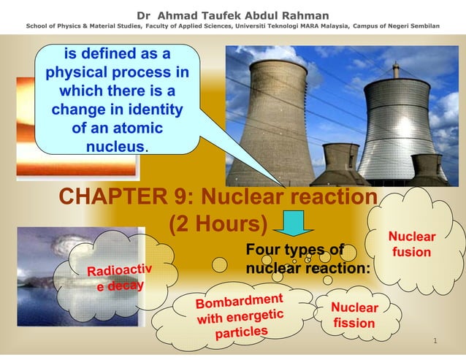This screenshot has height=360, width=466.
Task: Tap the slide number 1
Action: point(434,341)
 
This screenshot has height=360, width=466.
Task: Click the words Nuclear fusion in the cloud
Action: point(412,245)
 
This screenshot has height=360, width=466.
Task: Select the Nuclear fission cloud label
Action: point(354,315)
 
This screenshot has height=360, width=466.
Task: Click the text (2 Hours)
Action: point(218,224)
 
